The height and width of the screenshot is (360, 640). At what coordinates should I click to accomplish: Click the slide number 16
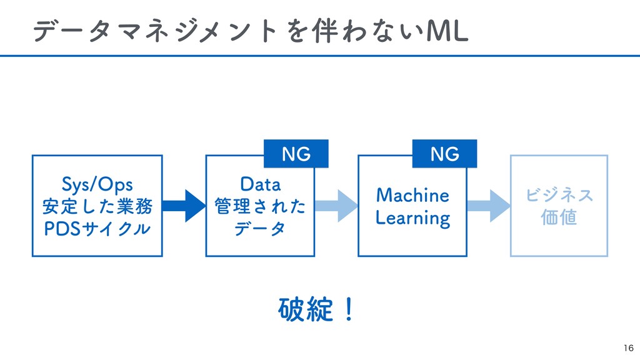(x=629, y=347)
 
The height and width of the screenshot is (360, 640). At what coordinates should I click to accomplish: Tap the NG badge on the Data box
(x=296, y=154)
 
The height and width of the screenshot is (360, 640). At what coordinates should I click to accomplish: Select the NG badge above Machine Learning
(x=444, y=154)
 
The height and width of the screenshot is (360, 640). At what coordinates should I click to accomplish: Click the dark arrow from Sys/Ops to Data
(x=184, y=206)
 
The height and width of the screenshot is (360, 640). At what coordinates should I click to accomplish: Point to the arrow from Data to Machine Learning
(x=336, y=206)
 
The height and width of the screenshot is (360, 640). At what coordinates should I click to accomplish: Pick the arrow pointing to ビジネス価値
(x=489, y=206)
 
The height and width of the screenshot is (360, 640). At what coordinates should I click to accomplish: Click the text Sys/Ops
(x=97, y=184)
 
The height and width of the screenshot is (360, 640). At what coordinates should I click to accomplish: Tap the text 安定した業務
(x=97, y=206)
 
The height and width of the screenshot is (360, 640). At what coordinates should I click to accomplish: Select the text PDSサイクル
(x=97, y=229)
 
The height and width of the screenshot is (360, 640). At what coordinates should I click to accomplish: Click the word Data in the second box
(x=261, y=184)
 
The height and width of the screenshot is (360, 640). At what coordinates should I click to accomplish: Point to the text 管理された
(x=260, y=206)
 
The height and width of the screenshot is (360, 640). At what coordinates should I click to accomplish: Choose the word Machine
(x=412, y=195)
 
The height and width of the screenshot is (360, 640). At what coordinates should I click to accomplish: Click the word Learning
(x=412, y=218)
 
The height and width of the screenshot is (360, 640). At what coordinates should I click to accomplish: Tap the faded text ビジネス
(x=559, y=195)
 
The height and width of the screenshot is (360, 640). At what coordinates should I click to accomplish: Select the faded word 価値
(x=559, y=217)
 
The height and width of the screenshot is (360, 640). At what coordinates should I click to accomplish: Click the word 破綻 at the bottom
(x=306, y=309)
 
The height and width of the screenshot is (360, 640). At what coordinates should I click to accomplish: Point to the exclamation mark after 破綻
(x=349, y=309)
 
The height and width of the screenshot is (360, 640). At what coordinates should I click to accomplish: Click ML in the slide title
(x=447, y=31)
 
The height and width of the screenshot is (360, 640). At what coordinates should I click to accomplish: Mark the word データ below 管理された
(x=260, y=229)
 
